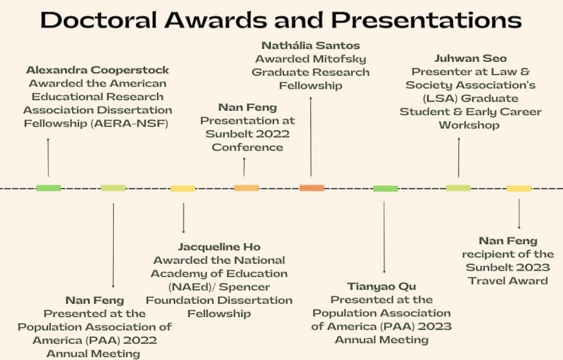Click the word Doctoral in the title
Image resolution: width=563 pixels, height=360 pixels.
point(99,20)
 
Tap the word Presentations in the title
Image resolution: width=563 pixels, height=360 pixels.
point(426,20)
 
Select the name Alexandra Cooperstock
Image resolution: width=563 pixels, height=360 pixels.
point(98,69)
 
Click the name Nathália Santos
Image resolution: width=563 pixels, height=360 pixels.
point(310,45)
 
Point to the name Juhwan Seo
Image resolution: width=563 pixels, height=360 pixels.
point(470,58)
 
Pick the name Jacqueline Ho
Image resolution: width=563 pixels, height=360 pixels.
point(219,247)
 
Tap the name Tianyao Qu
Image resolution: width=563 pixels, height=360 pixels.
point(382,286)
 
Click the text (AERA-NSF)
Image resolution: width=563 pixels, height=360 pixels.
point(129,123)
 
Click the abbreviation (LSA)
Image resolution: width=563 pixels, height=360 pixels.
point(440,98)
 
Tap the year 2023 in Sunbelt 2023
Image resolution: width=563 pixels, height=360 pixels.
point(532,267)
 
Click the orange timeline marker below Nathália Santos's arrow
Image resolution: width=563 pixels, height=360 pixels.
point(312,188)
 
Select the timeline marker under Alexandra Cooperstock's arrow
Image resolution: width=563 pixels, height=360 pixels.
point(48,188)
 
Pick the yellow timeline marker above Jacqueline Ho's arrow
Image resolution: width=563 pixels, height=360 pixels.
point(183,188)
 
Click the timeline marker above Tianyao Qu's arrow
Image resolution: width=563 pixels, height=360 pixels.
point(385,188)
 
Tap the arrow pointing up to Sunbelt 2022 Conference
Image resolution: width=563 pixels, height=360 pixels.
point(244,167)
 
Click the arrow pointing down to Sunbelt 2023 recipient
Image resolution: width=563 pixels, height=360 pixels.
point(519,213)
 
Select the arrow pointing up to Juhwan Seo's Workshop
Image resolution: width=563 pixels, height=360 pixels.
point(459,157)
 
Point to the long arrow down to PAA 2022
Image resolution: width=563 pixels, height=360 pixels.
point(113,245)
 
